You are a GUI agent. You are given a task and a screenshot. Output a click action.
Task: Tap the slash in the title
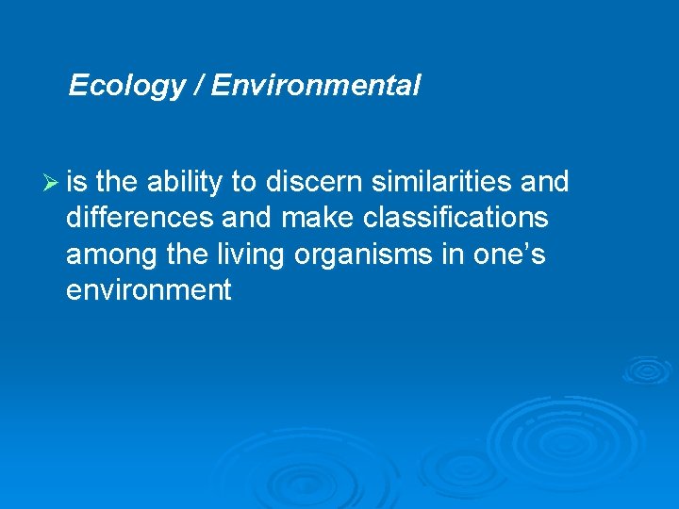coord(198,87)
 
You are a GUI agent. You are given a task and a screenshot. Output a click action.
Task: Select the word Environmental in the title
coord(315,87)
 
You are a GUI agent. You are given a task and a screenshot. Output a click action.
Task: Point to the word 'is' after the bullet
coord(76,182)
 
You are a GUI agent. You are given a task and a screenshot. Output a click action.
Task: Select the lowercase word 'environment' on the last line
coord(148,290)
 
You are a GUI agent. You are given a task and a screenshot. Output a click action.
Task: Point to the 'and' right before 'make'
coord(247,219)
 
